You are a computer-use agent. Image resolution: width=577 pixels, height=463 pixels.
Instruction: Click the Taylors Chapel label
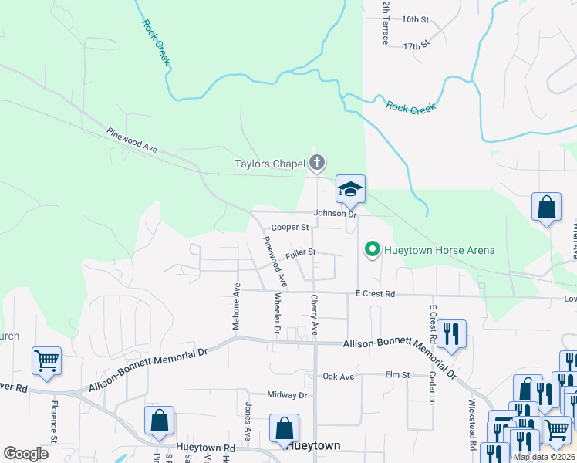click(x=269, y=164)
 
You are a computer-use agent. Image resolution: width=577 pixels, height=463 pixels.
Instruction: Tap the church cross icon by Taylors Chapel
click(x=316, y=163)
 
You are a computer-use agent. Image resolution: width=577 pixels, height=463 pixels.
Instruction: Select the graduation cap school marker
click(x=350, y=189)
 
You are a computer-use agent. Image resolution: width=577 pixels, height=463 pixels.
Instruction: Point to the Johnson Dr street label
click(x=335, y=214)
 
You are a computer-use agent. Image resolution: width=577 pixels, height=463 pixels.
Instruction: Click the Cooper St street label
click(x=290, y=228)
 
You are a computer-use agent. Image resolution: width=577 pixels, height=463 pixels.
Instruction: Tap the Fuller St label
click(x=301, y=252)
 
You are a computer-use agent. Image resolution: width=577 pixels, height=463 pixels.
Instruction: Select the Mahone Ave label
click(x=237, y=306)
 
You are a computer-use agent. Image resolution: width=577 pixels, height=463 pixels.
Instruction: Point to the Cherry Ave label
click(x=315, y=315)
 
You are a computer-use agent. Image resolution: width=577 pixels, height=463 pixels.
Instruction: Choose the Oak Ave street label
click(x=338, y=377)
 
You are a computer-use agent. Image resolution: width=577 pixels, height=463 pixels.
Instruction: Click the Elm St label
click(x=396, y=375)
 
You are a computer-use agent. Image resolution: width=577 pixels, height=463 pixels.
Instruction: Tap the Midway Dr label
click(x=287, y=395)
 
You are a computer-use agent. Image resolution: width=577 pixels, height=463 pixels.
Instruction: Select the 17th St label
click(x=415, y=46)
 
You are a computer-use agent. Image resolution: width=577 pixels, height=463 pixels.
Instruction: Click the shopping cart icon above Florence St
click(x=47, y=360)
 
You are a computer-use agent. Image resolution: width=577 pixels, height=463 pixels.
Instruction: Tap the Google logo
click(x=25, y=454)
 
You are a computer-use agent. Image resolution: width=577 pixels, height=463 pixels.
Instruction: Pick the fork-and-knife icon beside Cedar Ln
click(x=451, y=333)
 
